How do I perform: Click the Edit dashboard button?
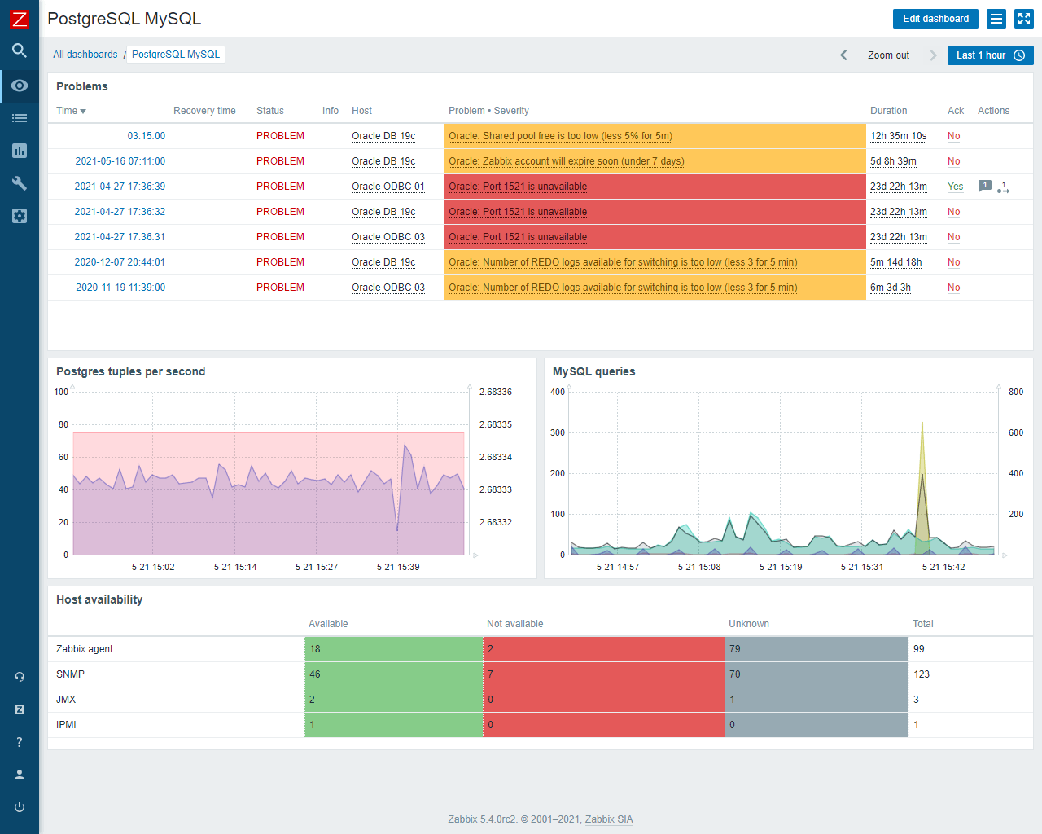tap(935, 19)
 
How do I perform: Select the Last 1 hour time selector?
tap(990, 55)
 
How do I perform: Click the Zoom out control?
tap(888, 55)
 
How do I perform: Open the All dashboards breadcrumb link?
tap(85, 55)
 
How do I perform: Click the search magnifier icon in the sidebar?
tap(20, 50)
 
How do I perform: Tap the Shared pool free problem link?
tap(560, 136)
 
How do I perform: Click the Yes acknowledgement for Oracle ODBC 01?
tap(955, 187)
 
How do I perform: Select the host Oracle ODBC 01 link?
tap(387, 187)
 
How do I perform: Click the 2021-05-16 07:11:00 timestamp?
tap(120, 161)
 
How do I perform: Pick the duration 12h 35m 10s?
tap(898, 136)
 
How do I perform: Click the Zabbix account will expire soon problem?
tap(566, 161)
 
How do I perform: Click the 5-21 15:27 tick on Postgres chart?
tap(317, 567)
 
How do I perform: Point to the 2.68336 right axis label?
tap(495, 392)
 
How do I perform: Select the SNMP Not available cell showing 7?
tap(603, 674)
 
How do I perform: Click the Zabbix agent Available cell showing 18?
tap(393, 649)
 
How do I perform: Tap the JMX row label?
tap(66, 700)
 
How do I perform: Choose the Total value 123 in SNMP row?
tap(922, 674)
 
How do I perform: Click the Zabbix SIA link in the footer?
tap(608, 819)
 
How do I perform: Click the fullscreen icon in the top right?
tap(1023, 19)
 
